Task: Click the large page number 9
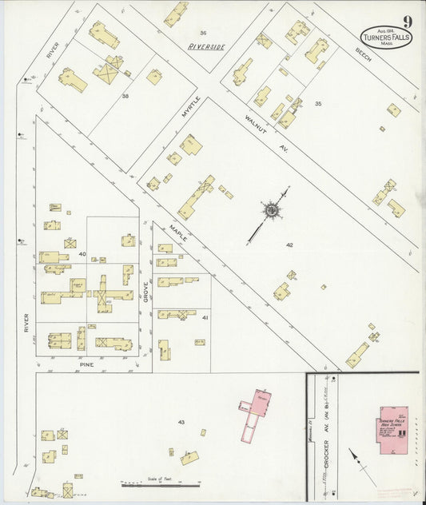(408, 22)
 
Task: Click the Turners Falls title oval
(386, 38)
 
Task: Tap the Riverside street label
(206, 47)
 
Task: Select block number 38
(125, 95)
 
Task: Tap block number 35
(318, 104)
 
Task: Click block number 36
(203, 33)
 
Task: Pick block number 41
(205, 318)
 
